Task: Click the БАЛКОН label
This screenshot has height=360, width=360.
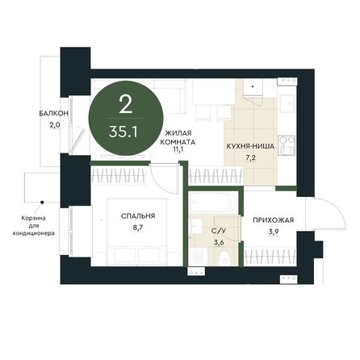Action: [53, 114]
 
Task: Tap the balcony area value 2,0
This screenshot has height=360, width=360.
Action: [54, 125]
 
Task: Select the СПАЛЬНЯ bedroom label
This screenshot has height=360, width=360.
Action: [138, 216]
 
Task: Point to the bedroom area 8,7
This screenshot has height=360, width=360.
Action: [138, 228]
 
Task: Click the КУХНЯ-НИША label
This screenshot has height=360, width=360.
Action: [250, 146]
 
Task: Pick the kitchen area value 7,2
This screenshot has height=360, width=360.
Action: [250, 157]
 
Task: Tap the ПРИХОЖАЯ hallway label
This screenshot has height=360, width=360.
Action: [273, 220]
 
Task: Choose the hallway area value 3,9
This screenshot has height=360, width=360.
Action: [274, 232]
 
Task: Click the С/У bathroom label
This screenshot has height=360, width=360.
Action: [218, 231]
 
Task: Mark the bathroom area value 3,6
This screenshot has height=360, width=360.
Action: [219, 242]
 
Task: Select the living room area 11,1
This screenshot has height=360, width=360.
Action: [178, 150]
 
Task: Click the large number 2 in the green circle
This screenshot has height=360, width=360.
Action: [126, 104]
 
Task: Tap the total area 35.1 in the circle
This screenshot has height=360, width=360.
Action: [123, 132]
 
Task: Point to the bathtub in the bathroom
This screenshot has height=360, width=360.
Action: [212, 202]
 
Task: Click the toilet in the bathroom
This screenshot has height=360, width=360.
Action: [224, 257]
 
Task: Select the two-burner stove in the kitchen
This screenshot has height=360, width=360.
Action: [287, 145]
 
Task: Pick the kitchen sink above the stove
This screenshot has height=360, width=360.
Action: [287, 103]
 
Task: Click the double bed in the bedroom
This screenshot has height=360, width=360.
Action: [137, 232]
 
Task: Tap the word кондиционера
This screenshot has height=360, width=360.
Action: [34, 233]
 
